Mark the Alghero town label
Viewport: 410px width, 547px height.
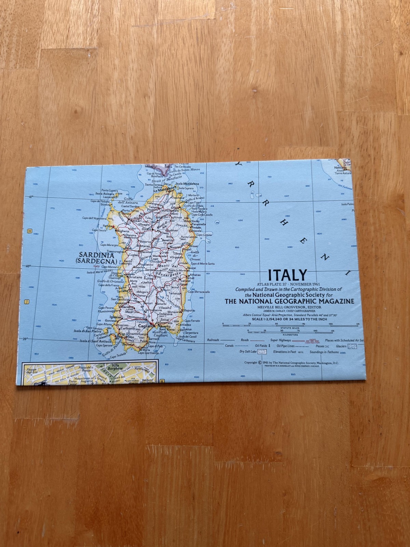123,231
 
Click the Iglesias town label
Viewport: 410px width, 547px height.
115,317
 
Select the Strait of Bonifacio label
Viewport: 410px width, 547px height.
163,180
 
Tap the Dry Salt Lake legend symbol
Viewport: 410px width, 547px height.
262,351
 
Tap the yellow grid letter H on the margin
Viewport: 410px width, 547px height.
30,231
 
